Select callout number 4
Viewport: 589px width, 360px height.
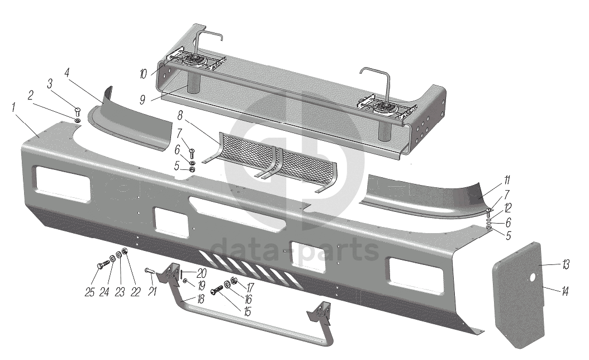[x=66, y=73]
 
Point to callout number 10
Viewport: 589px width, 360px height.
[x=143, y=73]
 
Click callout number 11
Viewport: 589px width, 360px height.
[x=506, y=180]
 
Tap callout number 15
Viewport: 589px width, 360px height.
[x=246, y=310]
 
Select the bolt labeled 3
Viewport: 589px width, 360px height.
[x=78, y=112]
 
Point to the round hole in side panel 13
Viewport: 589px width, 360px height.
[x=533, y=278]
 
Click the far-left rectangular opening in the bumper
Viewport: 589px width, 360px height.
[x=61, y=184]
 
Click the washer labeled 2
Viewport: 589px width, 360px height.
[x=77, y=120]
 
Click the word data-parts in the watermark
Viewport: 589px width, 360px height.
[x=296, y=249]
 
